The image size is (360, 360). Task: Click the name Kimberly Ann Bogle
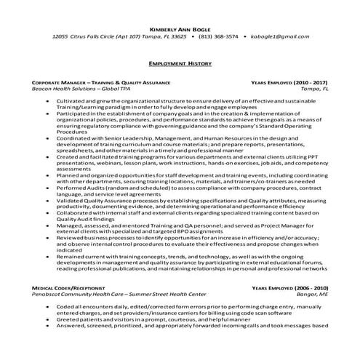(179, 27)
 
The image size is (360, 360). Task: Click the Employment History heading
(179, 63)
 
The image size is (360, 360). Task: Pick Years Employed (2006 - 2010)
(289, 289)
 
